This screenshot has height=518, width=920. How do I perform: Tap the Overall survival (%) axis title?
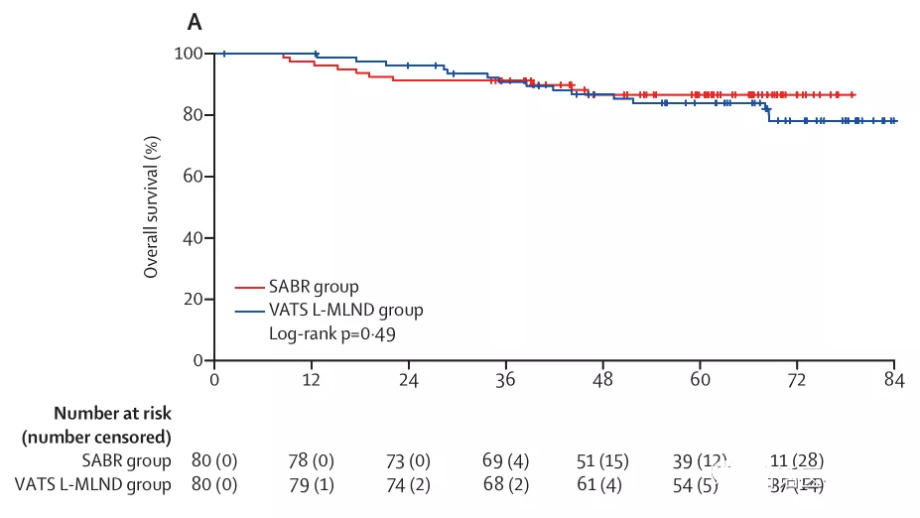pyautogui.click(x=152, y=206)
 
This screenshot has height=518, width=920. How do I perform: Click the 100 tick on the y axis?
pyautogui.click(x=189, y=54)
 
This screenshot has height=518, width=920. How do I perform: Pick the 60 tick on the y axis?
pyautogui.click(x=193, y=177)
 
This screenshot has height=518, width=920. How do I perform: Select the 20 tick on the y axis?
pyautogui.click(x=193, y=300)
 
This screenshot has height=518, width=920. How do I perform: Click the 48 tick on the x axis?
pyautogui.click(x=602, y=380)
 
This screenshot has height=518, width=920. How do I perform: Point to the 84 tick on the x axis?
pyautogui.click(x=894, y=380)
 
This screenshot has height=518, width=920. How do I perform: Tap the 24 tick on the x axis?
pyautogui.click(x=408, y=380)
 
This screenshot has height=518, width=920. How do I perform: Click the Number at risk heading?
pyautogui.click(x=112, y=414)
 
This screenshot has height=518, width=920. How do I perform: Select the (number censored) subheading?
pyautogui.click(x=96, y=437)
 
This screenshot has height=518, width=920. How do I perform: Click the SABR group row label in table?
pyautogui.click(x=126, y=460)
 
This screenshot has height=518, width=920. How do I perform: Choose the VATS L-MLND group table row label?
pyautogui.click(x=92, y=484)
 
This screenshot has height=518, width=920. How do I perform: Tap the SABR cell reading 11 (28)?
pyautogui.click(x=797, y=460)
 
